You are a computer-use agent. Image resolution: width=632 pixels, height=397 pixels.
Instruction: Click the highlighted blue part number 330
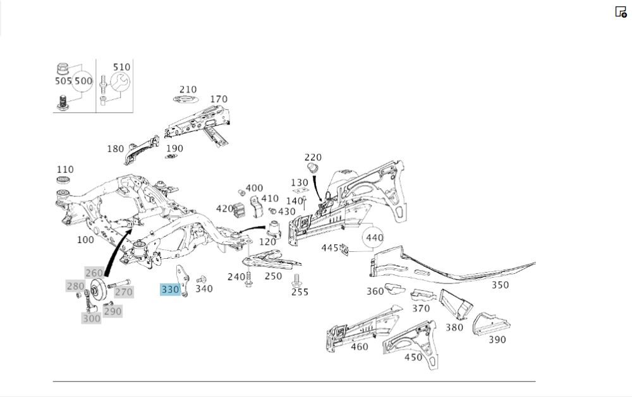171,290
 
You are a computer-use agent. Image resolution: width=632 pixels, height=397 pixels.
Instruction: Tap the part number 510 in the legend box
121,67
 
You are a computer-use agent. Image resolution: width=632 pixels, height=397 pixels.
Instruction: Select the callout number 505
63,81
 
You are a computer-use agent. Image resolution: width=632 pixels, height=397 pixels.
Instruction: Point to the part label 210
188,90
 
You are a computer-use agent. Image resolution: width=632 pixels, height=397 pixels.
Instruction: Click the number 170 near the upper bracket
219,99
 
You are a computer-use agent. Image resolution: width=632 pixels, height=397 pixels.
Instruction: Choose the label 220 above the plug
313,157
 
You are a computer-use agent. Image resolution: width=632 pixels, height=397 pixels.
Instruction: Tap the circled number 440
374,238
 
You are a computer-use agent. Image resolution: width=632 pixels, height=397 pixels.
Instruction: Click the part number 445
330,248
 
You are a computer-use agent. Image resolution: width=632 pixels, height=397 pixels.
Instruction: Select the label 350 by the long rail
500,285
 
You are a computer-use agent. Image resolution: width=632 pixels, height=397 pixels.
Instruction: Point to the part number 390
497,340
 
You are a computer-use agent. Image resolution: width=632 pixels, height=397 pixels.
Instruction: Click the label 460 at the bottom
359,347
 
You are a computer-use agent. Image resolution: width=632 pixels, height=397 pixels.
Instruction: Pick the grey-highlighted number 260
94,273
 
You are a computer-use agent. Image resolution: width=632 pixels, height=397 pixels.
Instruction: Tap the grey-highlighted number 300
91,319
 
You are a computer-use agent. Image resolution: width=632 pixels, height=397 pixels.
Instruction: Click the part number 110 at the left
65,169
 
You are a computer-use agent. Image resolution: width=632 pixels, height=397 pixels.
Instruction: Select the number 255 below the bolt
300,292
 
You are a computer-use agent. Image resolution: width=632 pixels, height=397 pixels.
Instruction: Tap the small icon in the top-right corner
621,11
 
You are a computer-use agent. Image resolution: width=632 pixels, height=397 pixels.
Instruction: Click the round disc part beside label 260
97,291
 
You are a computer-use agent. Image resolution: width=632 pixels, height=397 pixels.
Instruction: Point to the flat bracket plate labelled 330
184,281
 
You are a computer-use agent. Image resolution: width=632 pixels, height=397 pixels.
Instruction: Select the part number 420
225,208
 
